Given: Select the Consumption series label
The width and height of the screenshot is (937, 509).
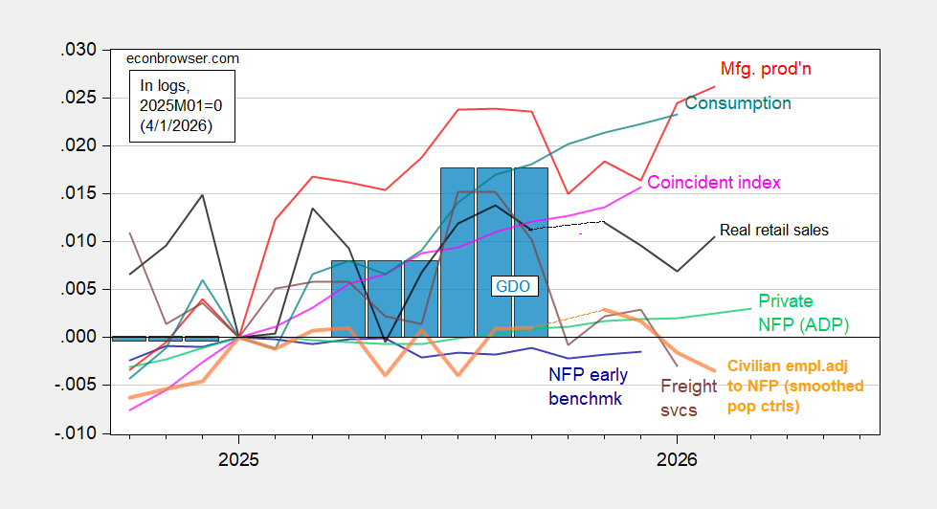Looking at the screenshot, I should point(738,103).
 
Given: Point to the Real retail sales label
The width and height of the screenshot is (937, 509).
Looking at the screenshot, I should point(773,231).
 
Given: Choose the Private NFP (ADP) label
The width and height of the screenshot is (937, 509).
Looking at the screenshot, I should point(802,312).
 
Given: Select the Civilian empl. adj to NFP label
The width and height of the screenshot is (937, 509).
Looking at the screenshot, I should point(794,387).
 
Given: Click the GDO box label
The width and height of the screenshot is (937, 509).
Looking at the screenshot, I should point(512,285).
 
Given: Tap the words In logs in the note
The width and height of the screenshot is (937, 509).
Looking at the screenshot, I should point(162,86).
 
